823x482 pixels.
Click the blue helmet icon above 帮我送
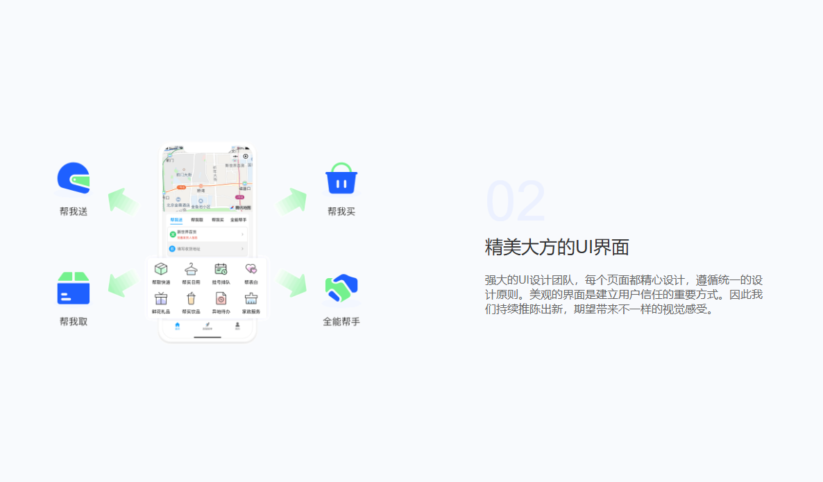(74, 178)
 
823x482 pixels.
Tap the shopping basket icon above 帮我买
(341, 179)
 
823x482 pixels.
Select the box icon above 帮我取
(74, 289)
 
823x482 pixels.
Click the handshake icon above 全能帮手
(341, 289)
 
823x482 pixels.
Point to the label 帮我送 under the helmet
(74, 212)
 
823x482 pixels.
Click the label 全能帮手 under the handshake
(341, 322)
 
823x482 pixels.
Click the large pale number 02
(516, 203)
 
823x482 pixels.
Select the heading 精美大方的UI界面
(557, 248)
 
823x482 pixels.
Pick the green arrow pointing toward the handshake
(292, 283)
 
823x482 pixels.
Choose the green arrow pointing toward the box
(123, 283)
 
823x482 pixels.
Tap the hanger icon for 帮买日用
(191, 269)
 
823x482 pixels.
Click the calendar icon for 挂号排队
(221, 269)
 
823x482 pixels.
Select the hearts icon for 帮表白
(251, 269)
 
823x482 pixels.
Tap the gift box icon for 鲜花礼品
(161, 299)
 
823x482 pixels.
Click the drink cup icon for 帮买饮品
(191, 299)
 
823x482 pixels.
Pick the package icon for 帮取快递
(161, 269)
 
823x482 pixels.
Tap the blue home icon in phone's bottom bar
(178, 325)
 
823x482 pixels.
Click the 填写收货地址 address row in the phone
(207, 248)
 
